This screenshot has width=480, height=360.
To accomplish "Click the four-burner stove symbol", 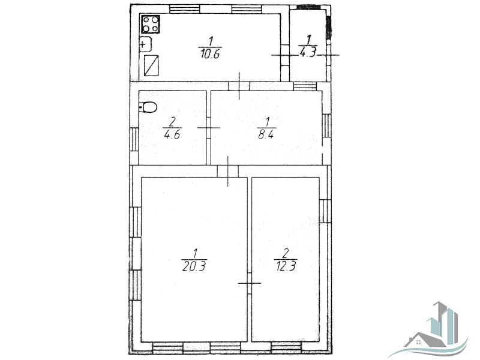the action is click(151, 24).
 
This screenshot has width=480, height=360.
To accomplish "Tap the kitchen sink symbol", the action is click(146, 44).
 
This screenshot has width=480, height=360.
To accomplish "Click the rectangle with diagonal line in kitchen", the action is click(152, 65).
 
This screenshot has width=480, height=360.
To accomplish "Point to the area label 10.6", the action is click(211, 54).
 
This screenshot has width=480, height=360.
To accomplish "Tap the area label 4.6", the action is click(172, 134).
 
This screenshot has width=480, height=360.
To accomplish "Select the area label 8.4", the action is click(266, 134).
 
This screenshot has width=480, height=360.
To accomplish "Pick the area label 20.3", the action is click(194, 266).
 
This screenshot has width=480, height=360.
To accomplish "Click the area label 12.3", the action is click(286, 266).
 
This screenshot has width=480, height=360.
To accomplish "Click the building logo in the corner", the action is click(436, 329).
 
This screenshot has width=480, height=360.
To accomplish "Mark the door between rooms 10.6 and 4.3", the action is click(286, 55).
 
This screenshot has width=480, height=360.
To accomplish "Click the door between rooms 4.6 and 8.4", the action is click(208, 128).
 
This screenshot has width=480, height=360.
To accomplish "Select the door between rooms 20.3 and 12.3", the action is click(250, 283).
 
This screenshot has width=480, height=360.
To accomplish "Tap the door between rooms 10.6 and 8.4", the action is click(239, 86).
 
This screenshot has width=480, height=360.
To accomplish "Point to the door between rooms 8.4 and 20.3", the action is click(228, 171).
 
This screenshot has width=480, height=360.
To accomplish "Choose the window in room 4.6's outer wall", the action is click(134, 139).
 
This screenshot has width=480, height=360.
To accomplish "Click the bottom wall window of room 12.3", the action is click(286, 346).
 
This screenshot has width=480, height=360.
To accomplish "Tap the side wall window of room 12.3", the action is click(325, 211).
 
